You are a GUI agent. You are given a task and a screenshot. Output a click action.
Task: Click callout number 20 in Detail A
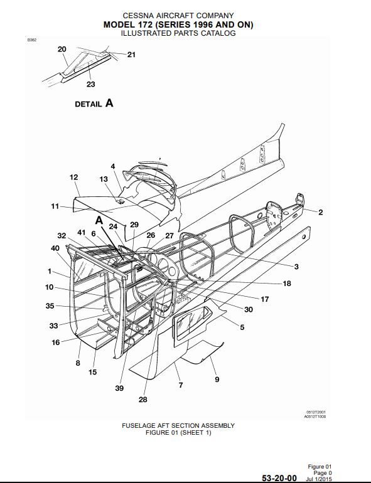click(x=62, y=49)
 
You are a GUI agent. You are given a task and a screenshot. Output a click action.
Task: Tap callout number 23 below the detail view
click(x=90, y=84)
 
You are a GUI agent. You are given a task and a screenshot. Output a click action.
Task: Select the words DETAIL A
click(x=94, y=103)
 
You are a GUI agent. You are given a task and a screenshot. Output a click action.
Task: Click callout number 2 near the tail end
click(x=320, y=212)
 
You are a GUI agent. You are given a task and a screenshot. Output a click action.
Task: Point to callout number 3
click(x=296, y=267)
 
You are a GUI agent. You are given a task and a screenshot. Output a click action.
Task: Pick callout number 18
click(x=287, y=284)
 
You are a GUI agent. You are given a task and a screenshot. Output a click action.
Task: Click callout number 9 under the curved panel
click(x=217, y=379)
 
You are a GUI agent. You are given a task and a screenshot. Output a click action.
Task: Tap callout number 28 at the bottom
click(x=142, y=400)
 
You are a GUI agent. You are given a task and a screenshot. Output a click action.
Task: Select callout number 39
click(x=119, y=388)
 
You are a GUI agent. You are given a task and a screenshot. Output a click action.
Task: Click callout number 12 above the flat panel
click(x=73, y=177)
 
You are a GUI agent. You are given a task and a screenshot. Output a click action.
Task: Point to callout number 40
click(x=55, y=248)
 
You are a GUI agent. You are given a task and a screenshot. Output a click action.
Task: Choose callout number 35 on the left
click(x=50, y=306)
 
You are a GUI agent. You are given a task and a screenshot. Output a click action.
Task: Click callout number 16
click(x=55, y=342)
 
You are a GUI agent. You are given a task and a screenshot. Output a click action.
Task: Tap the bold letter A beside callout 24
click(x=99, y=220)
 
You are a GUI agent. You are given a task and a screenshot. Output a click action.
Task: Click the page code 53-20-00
click(x=279, y=478)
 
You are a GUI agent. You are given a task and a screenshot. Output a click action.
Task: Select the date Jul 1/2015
click(x=319, y=479)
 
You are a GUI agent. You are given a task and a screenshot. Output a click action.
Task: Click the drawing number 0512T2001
click(x=316, y=412)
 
